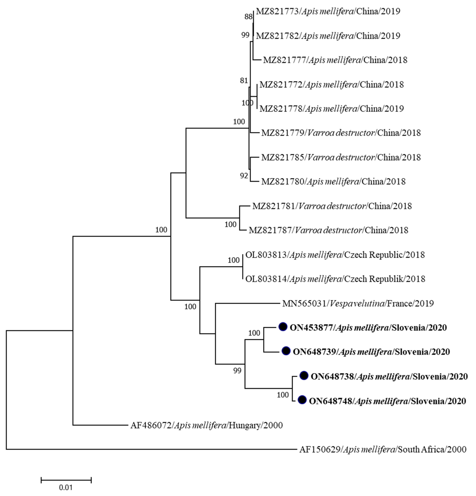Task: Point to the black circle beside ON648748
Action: coord(302,400)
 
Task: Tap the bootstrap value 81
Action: coord(244,81)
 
